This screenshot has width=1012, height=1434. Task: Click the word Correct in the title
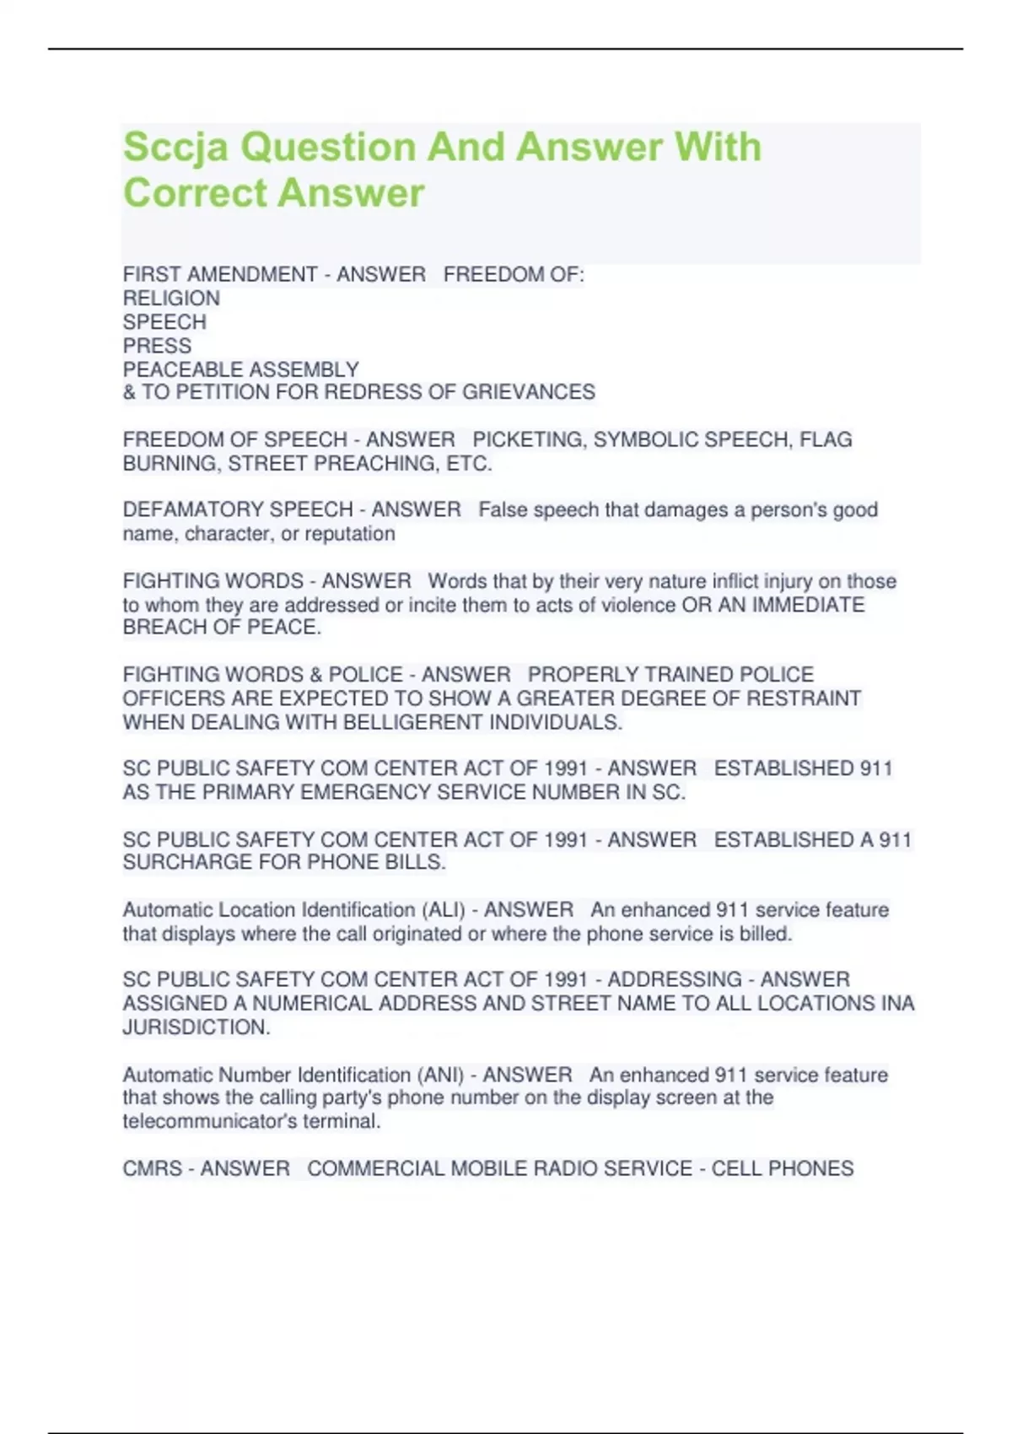[195, 193]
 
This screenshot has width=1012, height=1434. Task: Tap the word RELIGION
[171, 299]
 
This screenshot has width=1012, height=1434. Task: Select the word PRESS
[157, 346]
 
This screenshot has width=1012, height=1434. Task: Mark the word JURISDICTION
[196, 1027]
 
